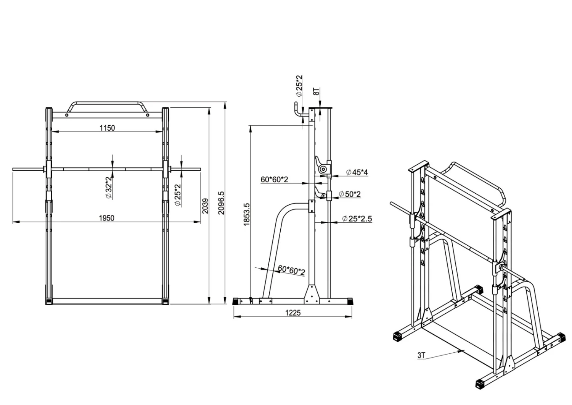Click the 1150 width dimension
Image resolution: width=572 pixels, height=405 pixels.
pos(107,128)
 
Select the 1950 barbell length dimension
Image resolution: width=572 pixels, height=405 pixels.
pos(107,218)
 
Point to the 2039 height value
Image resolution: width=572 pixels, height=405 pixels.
pos(205,206)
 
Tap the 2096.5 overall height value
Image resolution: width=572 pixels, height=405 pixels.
pos(221,203)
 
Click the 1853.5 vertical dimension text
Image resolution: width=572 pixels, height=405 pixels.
pos(246,214)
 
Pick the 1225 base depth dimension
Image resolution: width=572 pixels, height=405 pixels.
pos(293,313)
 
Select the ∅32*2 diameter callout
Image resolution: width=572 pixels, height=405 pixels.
pos(108,187)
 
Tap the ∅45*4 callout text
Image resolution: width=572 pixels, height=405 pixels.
pos(357,172)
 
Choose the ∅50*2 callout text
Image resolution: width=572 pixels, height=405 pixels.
pos(350,194)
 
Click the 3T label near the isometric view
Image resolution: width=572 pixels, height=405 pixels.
pos(421,355)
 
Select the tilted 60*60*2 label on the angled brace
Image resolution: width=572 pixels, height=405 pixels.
pos(291,270)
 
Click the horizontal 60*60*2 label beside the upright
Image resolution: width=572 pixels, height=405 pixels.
pos(275,179)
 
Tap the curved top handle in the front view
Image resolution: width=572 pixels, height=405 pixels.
pos(107,104)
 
